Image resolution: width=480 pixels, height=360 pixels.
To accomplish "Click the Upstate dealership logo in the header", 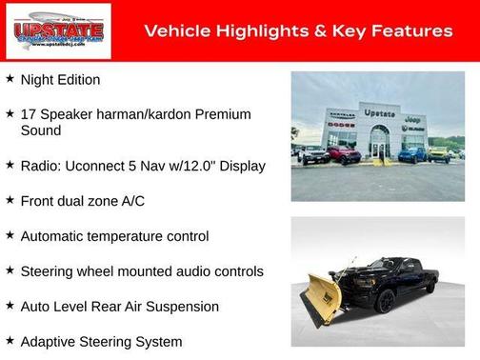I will click(58, 30).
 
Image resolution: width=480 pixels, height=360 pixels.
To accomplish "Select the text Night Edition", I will click(60, 80).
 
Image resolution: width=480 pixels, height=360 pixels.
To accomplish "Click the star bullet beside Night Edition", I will click(10, 79).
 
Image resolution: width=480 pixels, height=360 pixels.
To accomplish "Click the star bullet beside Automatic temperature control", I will click(10, 235).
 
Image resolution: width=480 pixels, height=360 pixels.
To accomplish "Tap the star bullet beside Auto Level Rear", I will click(10, 306).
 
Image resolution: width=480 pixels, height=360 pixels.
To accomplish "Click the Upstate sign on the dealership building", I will click(378, 112).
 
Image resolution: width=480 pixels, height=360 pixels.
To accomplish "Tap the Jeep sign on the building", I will click(412, 120).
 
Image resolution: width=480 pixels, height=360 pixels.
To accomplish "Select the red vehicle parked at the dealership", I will click(346, 153).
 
